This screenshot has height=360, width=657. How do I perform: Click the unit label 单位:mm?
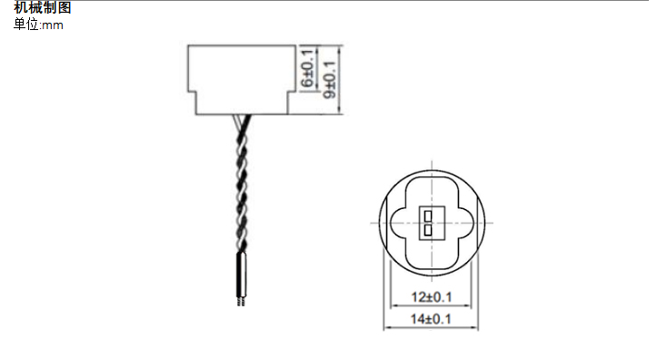pos(39,25)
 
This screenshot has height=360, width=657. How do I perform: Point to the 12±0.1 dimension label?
pos(431,297)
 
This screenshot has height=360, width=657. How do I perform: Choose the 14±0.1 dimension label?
pos(431,319)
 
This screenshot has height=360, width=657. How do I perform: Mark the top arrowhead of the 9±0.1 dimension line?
pos(340,48)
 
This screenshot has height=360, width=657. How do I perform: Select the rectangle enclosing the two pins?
pos(428,223)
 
